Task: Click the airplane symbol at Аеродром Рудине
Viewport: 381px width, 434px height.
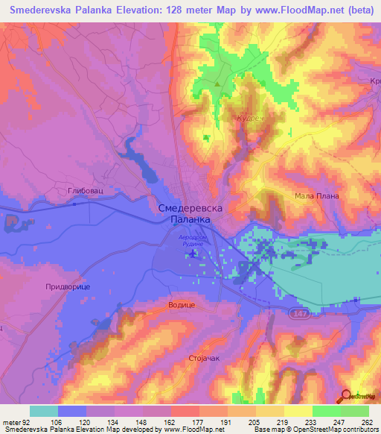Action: [x=193, y=254]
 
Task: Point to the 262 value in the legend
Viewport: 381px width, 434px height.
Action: [x=365, y=422]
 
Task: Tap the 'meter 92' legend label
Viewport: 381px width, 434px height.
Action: [x=15, y=422]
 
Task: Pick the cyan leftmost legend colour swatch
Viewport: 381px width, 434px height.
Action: [x=43, y=411]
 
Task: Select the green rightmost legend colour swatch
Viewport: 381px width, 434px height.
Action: [x=355, y=411]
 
